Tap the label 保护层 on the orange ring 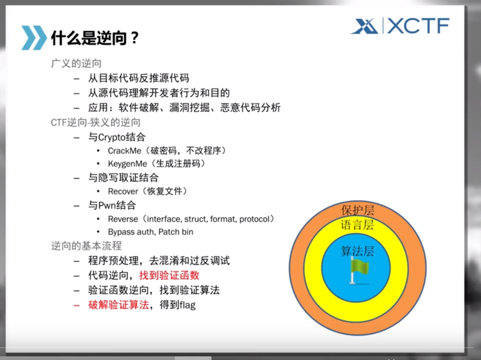click(358, 210)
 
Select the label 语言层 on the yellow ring click(357, 225)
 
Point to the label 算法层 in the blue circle click(357, 251)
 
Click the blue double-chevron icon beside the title click(34, 38)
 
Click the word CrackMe click(124, 151)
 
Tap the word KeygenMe click(127, 164)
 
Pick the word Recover click(123, 191)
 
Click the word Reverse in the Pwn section click(123, 219)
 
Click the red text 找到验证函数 click(169, 275)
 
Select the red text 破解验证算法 click(118, 305)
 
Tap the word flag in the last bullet click(187, 305)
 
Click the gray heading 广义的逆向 click(76, 63)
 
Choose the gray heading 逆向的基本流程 click(86, 246)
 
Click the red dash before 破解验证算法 click(76, 306)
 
